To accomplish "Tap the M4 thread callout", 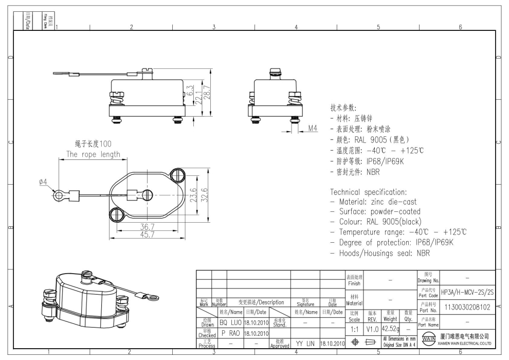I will (x=313, y=128).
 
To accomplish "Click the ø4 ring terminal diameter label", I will (x=43, y=182).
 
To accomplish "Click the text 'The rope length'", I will (x=93, y=154).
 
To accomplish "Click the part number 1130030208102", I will (x=467, y=308).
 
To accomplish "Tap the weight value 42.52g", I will (x=390, y=328).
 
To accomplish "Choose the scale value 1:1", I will (x=354, y=328).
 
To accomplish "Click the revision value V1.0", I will (x=372, y=328).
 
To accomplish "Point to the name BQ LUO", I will (x=230, y=322).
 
